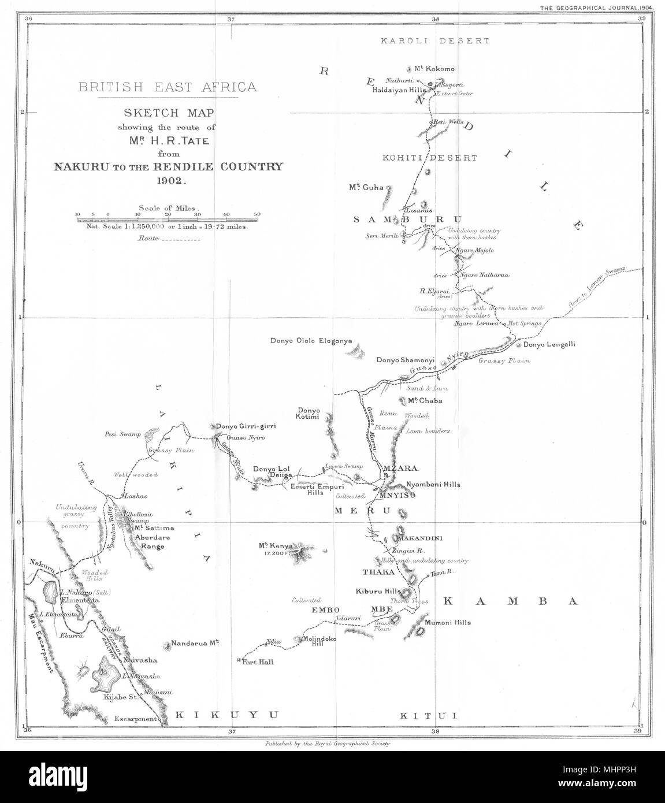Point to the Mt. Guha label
366,187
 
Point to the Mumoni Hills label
447,622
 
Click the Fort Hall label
255,661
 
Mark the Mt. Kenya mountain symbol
300,549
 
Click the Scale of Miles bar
168,218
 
